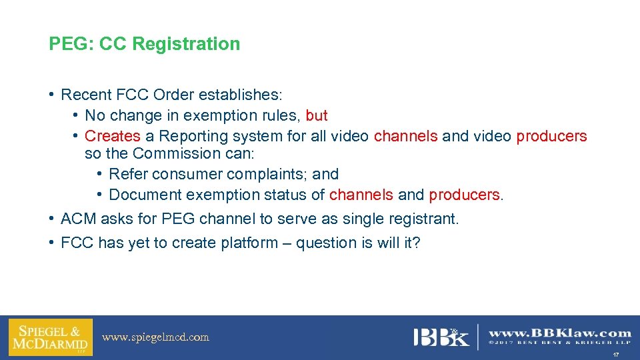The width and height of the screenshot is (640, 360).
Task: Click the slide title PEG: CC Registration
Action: (144, 44)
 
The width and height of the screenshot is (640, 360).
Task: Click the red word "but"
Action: (317, 115)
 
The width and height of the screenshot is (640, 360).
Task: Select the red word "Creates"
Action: (113, 136)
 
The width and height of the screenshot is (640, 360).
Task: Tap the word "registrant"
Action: (424, 219)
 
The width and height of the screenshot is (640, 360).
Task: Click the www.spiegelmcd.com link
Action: (155, 337)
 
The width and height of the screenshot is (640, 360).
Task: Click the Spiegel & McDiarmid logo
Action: (50, 337)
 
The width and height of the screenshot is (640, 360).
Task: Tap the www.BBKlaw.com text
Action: (560, 333)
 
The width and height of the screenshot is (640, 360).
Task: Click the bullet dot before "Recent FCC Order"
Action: (51, 94)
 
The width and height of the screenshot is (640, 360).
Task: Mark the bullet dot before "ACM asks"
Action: (51, 218)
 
